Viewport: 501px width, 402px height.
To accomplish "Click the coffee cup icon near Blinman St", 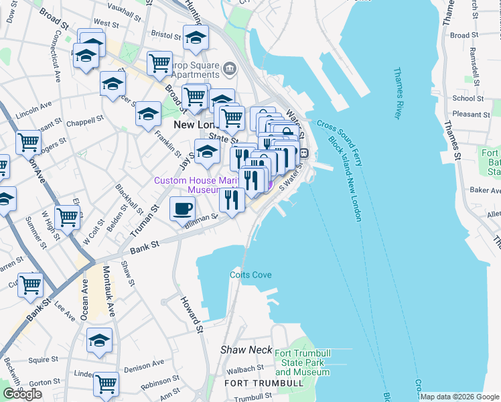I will point(182,208).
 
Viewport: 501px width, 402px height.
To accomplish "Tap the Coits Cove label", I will point(250,275).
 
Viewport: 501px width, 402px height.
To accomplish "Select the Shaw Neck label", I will point(246,350).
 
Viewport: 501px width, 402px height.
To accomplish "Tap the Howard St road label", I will point(192,315).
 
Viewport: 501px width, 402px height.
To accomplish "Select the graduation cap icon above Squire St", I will point(99,340).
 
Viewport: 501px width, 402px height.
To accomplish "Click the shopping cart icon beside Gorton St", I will point(106,383).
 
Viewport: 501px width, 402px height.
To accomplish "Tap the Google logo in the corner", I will point(22,394).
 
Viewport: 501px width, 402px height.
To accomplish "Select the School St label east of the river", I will point(463,98).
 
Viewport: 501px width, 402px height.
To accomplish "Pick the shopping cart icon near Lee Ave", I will point(31,284).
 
